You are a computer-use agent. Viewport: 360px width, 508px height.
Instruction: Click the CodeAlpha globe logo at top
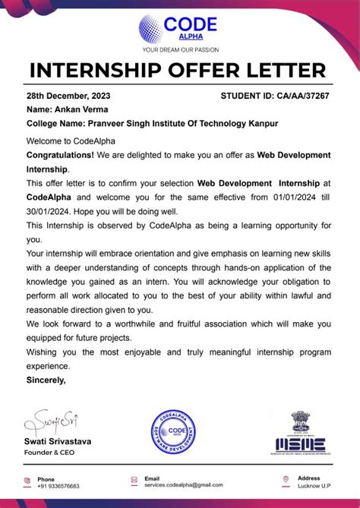tap(151, 28)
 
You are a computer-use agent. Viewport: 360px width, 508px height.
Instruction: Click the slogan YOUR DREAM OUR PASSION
tap(180, 51)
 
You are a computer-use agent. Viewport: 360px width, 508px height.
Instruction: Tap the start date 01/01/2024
tap(273, 197)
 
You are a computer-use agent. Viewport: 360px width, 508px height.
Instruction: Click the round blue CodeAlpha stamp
tap(175, 434)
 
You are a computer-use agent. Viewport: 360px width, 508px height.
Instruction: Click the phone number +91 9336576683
tap(58, 486)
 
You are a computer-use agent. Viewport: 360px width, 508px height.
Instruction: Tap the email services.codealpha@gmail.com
tap(183, 485)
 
